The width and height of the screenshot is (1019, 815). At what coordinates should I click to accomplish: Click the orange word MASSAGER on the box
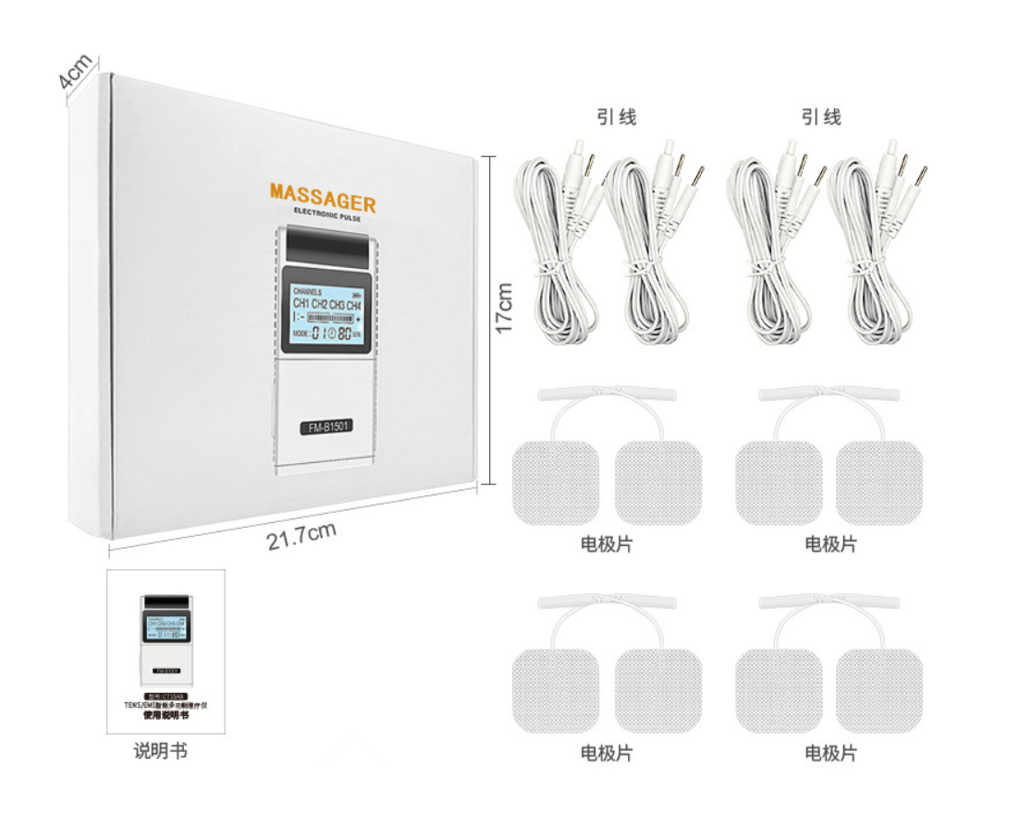tap(323, 197)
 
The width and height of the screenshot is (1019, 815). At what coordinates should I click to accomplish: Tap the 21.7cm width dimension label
tap(301, 535)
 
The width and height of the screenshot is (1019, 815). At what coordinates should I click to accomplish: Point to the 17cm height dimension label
tap(504, 308)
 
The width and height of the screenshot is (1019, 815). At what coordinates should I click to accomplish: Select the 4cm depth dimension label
tap(75, 71)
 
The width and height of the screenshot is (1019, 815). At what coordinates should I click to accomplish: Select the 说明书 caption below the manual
tap(161, 750)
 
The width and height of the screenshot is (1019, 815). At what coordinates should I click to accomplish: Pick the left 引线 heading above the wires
tap(617, 117)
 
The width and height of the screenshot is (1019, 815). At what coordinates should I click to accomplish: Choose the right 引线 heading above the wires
tap(821, 117)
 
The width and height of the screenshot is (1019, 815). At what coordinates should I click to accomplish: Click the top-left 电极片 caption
tap(607, 544)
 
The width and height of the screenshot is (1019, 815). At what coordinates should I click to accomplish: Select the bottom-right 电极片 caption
tap(830, 753)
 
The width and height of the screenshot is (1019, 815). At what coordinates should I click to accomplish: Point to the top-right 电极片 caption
tap(830, 544)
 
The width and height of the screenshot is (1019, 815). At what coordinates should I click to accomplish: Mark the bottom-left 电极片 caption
tap(607, 753)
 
